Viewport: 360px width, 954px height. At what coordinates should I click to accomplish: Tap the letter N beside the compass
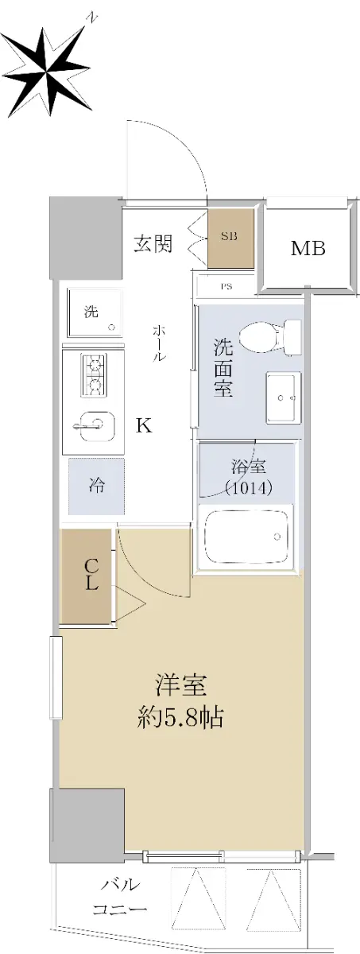(x=92, y=17)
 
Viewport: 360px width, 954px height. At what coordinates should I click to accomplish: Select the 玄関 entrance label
(x=153, y=244)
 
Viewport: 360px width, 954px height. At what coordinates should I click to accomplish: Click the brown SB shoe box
(x=230, y=238)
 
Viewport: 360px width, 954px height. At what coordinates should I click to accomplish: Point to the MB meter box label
(x=308, y=248)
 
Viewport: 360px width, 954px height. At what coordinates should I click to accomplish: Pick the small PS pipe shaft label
(x=226, y=287)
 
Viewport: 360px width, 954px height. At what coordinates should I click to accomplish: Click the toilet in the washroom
(x=271, y=337)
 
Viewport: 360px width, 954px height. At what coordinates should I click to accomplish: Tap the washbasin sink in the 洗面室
(x=284, y=397)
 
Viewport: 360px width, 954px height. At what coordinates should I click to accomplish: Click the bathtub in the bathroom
(x=245, y=536)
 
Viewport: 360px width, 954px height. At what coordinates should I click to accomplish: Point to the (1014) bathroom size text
(x=249, y=487)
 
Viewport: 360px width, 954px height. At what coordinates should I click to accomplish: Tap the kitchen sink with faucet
(x=95, y=428)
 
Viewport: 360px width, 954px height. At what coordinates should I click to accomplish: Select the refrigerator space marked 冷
(x=97, y=486)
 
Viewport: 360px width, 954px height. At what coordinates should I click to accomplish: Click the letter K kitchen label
(x=144, y=425)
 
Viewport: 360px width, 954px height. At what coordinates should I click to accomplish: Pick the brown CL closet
(x=87, y=576)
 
